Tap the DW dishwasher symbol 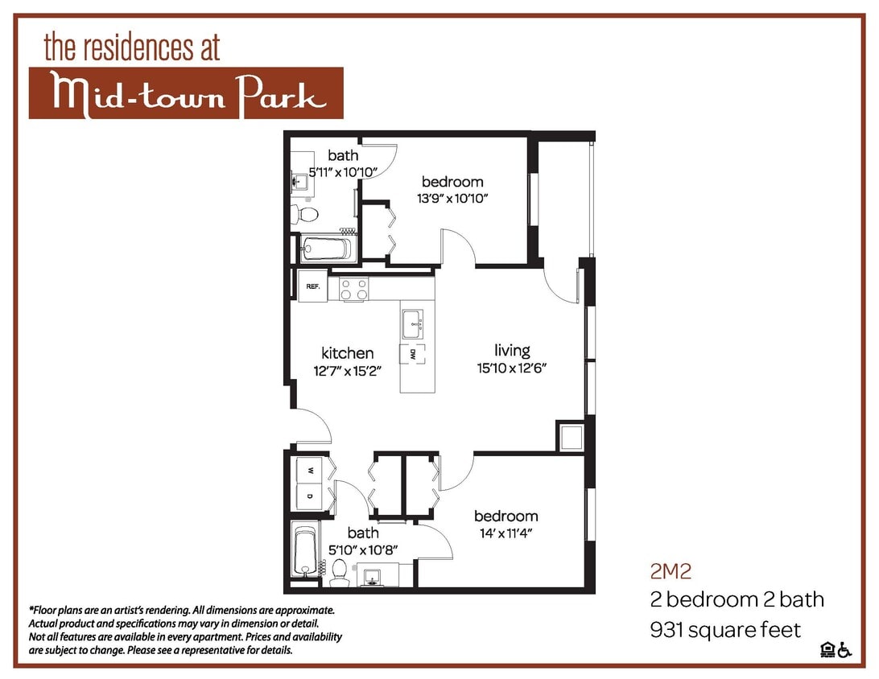[x=412, y=353]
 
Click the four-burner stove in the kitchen [x=353, y=289]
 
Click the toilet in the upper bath [x=305, y=214]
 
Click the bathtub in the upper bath [x=325, y=248]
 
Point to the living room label [x=513, y=351]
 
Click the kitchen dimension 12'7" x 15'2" [x=347, y=371]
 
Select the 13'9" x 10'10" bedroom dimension [x=452, y=198]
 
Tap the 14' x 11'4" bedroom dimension [x=506, y=533]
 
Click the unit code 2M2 [x=671, y=572]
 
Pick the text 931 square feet [x=725, y=628]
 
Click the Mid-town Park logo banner [x=186, y=93]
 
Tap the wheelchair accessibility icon [x=844, y=650]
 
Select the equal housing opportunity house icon [x=827, y=650]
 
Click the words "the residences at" [x=132, y=47]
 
